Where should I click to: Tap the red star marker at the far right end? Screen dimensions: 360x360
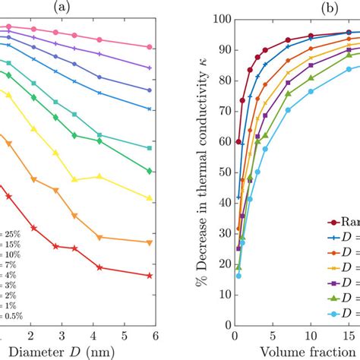(x=149, y=276)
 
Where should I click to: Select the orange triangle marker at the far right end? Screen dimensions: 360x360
(x=149, y=242)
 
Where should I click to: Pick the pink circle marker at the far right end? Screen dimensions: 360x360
(x=149, y=47)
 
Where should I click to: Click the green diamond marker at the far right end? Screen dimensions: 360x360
(x=149, y=171)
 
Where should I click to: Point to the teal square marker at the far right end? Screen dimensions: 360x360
(x=149, y=147)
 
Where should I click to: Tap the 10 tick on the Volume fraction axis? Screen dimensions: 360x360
(x=311, y=334)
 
